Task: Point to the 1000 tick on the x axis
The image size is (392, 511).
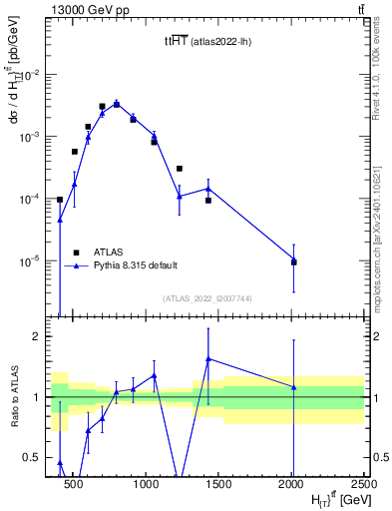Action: click(x=146, y=482)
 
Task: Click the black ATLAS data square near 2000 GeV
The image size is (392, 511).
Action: click(x=293, y=262)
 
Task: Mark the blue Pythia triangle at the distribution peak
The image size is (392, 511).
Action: click(x=117, y=103)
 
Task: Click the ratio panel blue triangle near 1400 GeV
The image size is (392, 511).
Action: click(x=207, y=358)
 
